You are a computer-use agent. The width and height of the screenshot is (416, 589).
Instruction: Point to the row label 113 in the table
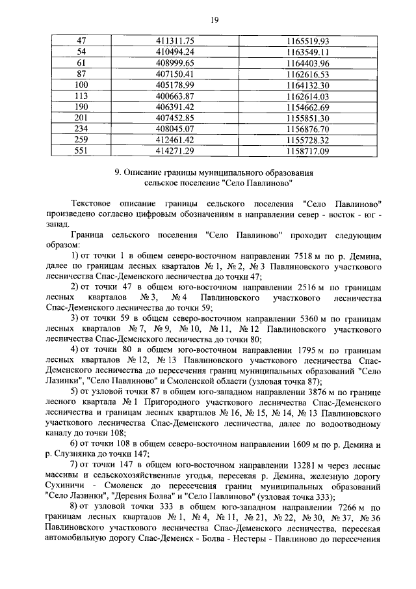pyautogui.click(x=81, y=96)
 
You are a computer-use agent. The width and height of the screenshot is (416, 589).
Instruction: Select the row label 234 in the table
pyautogui.click(x=81, y=129)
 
